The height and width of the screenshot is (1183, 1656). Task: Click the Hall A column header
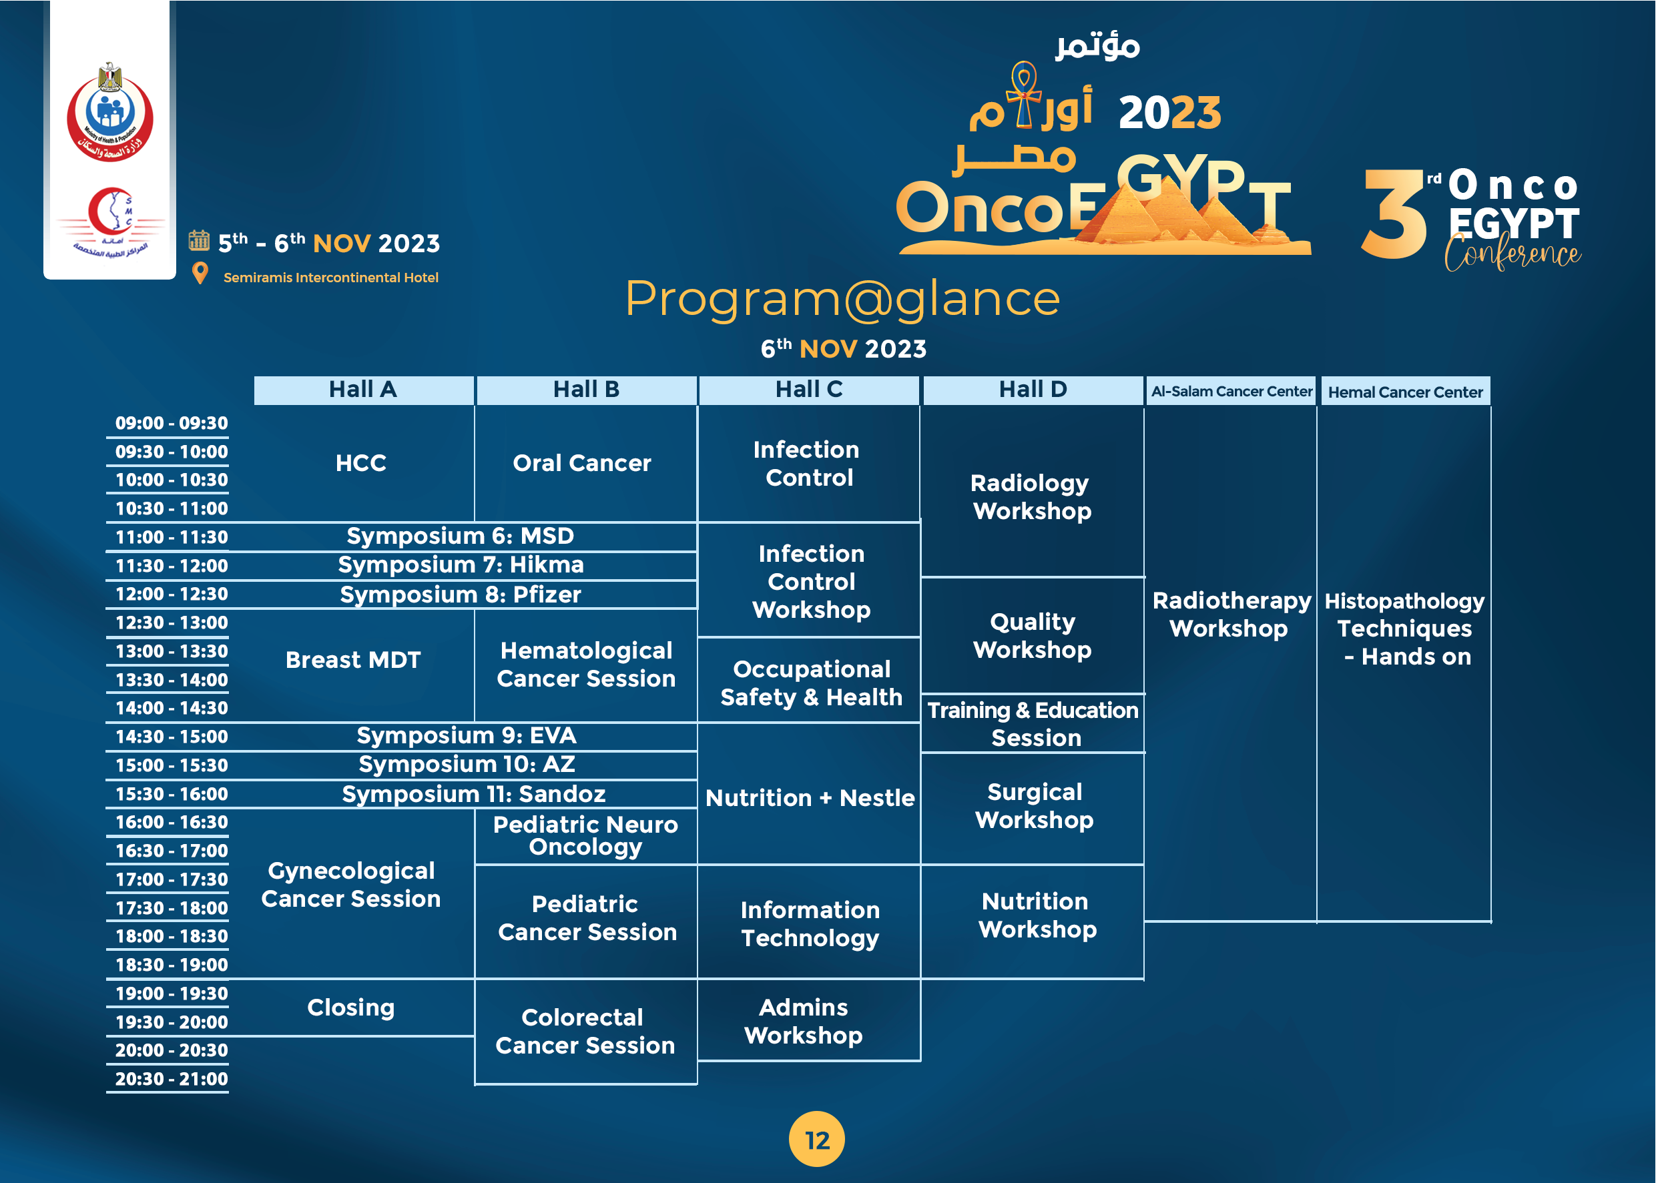tap(364, 390)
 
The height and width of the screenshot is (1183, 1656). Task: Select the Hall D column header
tap(1033, 390)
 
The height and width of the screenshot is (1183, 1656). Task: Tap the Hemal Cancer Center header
tap(1406, 391)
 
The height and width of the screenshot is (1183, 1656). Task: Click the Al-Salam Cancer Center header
tap(1231, 390)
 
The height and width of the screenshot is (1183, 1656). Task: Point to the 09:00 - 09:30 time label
tap(172, 423)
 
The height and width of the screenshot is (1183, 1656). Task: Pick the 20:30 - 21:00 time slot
tap(172, 1079)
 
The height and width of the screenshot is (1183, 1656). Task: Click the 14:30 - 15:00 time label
tap(172, 737)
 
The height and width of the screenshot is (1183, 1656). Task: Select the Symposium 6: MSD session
tap(461, 536)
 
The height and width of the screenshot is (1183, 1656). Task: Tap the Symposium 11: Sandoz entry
tap(473, 794)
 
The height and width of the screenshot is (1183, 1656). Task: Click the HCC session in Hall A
tap(360, 462)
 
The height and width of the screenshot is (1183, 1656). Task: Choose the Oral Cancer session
tap(582, 462)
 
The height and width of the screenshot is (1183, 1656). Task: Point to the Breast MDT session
tap(353, 660)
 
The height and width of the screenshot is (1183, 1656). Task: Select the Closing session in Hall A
tap(351, 1008)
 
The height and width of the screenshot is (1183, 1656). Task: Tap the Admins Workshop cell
tap(804, 1022)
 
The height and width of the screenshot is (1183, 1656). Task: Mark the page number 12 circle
tap(817, 1139)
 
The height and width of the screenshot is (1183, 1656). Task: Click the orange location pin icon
tap(200, 274)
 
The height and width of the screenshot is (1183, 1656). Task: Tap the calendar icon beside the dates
tap(199, 240)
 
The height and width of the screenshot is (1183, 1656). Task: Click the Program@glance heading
tap(842, 300)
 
